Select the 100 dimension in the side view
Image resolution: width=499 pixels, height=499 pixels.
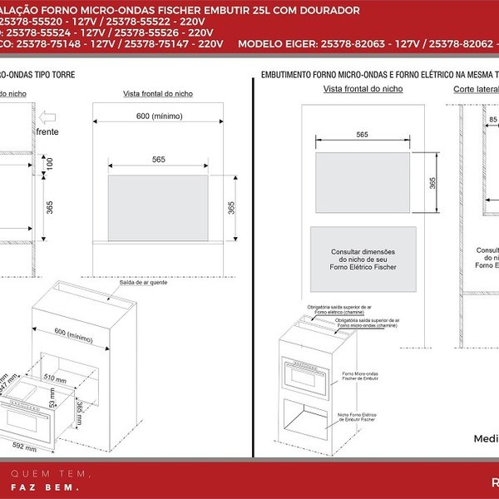[49, 165]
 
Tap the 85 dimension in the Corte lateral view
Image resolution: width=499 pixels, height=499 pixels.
[493, 119]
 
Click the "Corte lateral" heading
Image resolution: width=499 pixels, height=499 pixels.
[476, 89]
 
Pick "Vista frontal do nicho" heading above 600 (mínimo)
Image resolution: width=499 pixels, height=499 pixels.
[158, 95]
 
